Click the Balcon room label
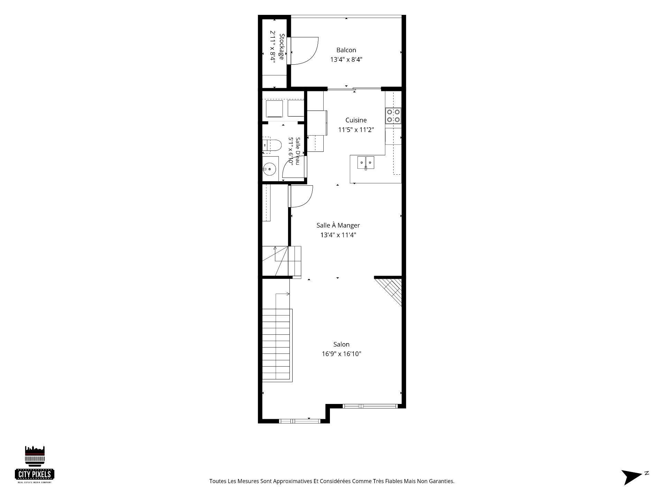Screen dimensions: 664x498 tap(346, 50)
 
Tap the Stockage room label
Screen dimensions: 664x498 tap(282, 47)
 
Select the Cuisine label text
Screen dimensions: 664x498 tap(356, 120)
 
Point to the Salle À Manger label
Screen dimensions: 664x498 tap(338, 225)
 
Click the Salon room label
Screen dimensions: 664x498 tap(341, 344)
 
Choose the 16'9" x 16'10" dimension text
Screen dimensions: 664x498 tap(341, 354)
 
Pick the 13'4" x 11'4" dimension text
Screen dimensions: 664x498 tap(338, 235)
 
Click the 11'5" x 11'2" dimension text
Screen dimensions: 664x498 tap(356, 130)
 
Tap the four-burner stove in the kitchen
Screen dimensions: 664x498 tap(394, 116)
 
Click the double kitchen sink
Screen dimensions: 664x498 tap(366, 162)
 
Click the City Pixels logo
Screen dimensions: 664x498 tap(35, 464)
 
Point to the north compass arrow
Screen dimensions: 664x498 tap(632, 477)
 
